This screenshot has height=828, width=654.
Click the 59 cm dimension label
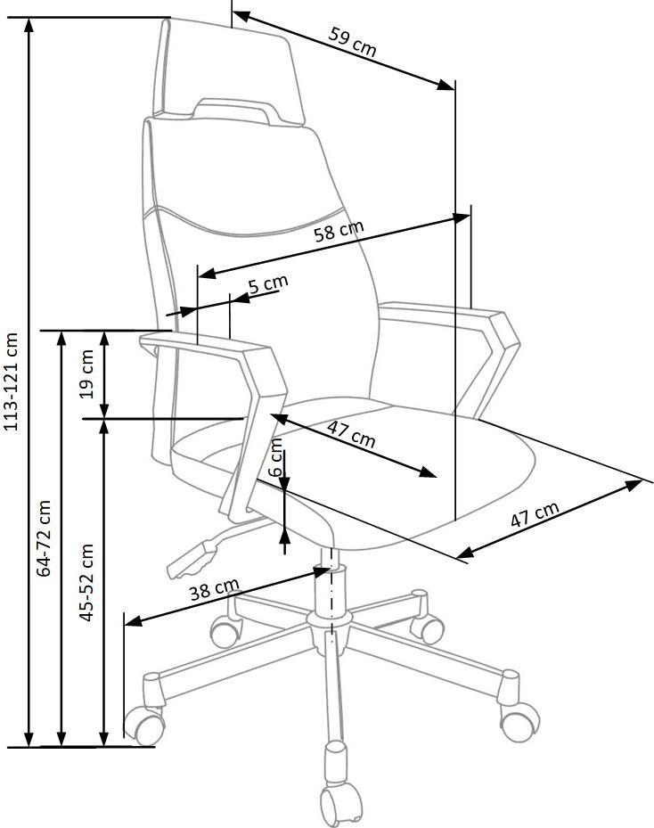(353, 41)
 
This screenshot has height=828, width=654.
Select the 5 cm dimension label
(268, 284)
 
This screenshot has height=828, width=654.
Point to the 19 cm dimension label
(88, 373)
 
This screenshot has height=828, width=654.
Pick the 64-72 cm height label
(44, 538)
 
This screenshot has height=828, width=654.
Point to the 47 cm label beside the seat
(535, 513)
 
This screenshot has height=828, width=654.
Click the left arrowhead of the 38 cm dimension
(133, 620)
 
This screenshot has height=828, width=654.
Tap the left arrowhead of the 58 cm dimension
(207, 274)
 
